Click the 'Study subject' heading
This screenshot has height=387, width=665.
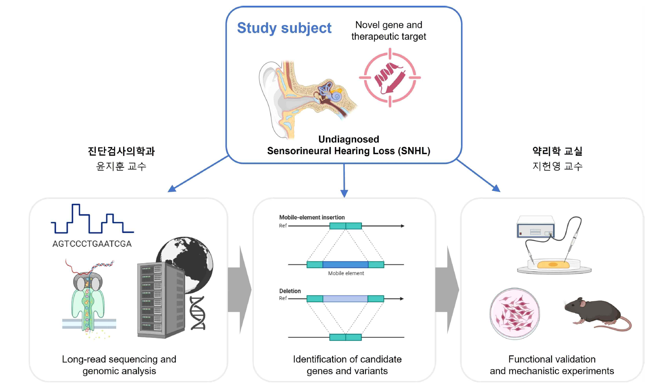click(284, 28)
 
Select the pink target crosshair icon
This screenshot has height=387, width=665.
click(389, 78)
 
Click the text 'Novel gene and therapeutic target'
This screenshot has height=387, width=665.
click(388, 31)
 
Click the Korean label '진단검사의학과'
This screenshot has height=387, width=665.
click(121, 151)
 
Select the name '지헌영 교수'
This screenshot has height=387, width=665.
click(557, 166)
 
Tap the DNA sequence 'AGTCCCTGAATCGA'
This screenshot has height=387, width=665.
click(92, 244)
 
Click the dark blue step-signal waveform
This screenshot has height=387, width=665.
click(92, 219)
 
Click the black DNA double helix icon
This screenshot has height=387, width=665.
click(198, 313)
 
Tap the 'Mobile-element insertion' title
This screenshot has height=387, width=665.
click(312, 217)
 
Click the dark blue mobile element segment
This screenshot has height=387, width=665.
click(345, 265)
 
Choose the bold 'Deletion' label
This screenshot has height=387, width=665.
click(290, 291)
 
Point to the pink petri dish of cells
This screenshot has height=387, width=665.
click(515, 314)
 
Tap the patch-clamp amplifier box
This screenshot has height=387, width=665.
click(535, 227)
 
